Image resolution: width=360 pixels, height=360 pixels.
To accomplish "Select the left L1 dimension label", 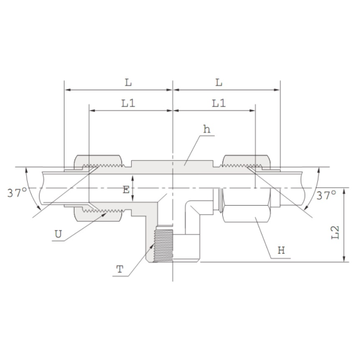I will (129, 104).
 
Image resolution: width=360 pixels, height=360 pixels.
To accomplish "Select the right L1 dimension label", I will (218, 104).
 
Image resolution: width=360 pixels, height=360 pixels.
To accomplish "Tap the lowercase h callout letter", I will (206, 130).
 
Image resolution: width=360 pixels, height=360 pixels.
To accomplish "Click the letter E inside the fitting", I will (126, 190).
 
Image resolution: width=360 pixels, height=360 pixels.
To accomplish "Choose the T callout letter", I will (119, 268).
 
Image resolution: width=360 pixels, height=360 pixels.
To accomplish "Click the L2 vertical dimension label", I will (336, 232).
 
